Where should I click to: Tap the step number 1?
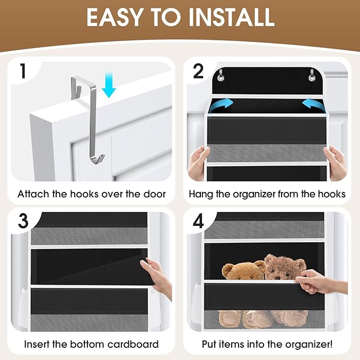(22, 72)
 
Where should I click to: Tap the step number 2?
(198, 72)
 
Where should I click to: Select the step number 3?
(22, 221)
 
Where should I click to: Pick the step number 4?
(198, 221)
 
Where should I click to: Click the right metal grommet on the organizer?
(313, 75)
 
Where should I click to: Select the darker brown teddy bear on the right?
(284, 268)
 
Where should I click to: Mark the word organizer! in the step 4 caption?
(307, 344)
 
